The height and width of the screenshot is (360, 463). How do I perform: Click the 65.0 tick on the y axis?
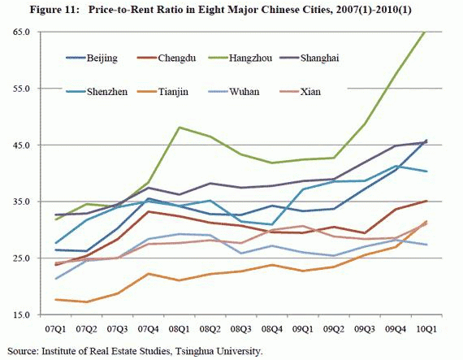pyautogui.click(x=20, y=32)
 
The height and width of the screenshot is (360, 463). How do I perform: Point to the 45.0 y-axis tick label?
pyautogui.click(x=20, y=145)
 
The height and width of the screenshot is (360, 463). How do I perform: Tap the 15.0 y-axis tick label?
pyautogui.click(x=20, y=314)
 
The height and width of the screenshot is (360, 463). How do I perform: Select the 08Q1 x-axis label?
pyautogui.click(x=179, y=330)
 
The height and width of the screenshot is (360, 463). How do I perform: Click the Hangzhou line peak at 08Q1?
pyautogui.click(x=179, y=128)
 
